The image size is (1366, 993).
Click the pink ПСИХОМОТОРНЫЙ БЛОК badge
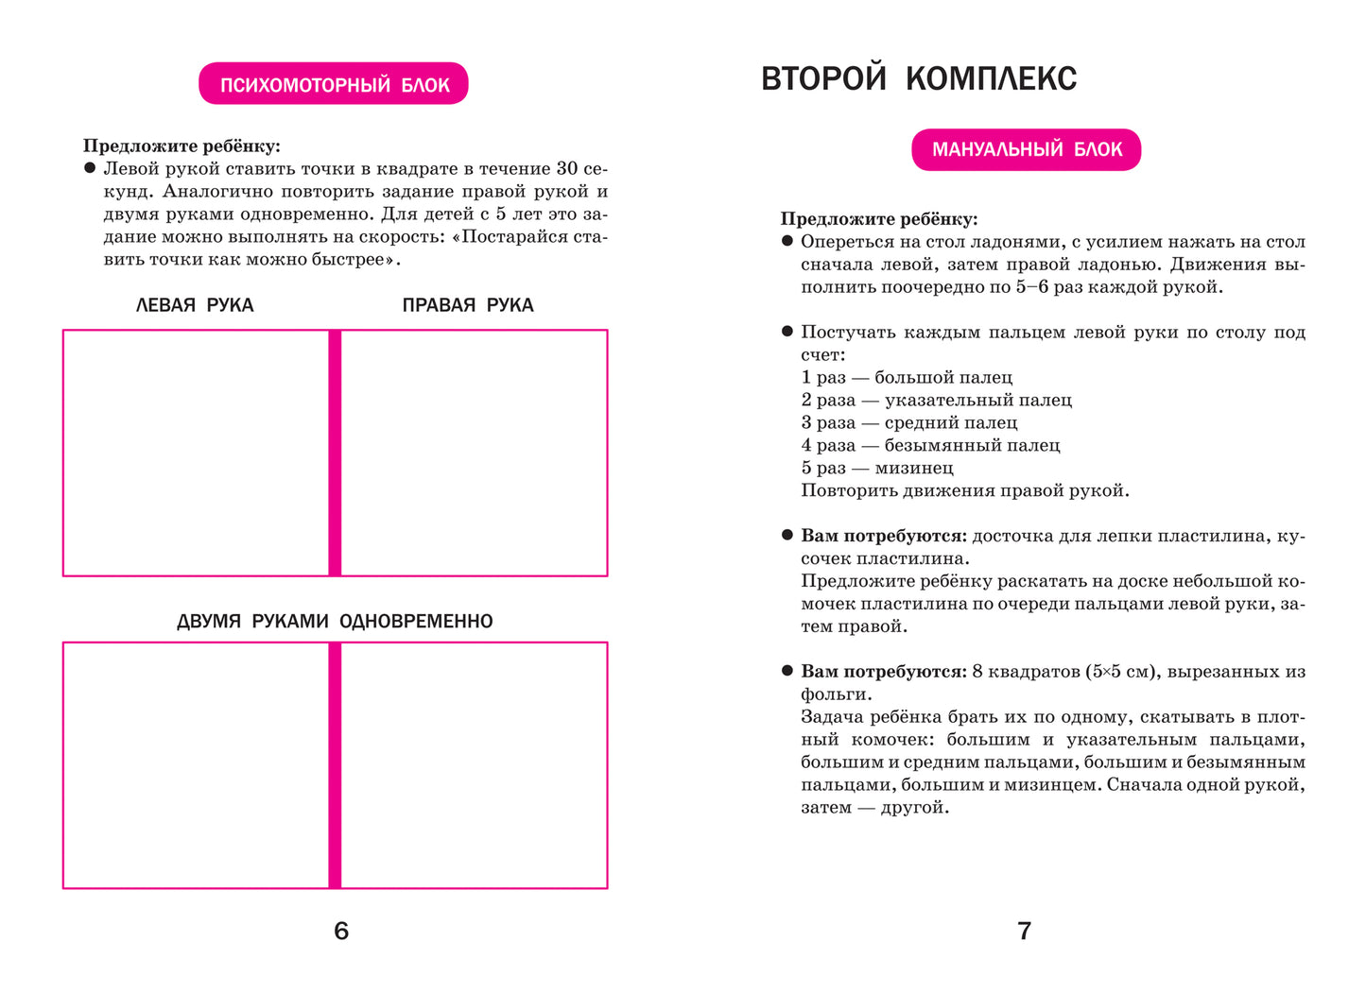(x=334, y=84)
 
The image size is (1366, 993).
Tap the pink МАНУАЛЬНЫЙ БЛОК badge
(x=1027, y=149)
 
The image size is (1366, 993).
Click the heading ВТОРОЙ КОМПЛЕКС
(x=919, y=78)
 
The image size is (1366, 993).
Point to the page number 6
(x=341, y=932)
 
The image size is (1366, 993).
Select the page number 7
(x=1024, y=932)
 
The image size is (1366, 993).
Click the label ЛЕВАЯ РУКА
(x=195, y=305)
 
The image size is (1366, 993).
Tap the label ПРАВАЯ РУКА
(x=468, y=305)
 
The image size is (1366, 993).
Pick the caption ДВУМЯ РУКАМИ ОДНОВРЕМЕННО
(x=335, y=622)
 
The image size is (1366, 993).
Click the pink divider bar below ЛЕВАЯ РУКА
(x=335, y=453)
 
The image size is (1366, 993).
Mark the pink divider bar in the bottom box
(x=335, y=765)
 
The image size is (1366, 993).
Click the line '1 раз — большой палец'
(x=907, y=378)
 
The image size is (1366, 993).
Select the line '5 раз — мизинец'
(x=877, y=469)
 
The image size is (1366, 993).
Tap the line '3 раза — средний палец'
(x=909, y=423)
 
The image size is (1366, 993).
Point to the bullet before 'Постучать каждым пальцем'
(x=787, y=332)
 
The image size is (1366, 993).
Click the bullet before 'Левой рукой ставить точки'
(x=90, y=168)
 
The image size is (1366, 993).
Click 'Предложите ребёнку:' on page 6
(x=182, y=146)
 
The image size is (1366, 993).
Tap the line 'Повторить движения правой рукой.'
(x=965, y=491)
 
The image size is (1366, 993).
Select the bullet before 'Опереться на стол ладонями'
(x=787, y=241)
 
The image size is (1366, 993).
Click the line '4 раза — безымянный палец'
(x=930, y=446)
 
